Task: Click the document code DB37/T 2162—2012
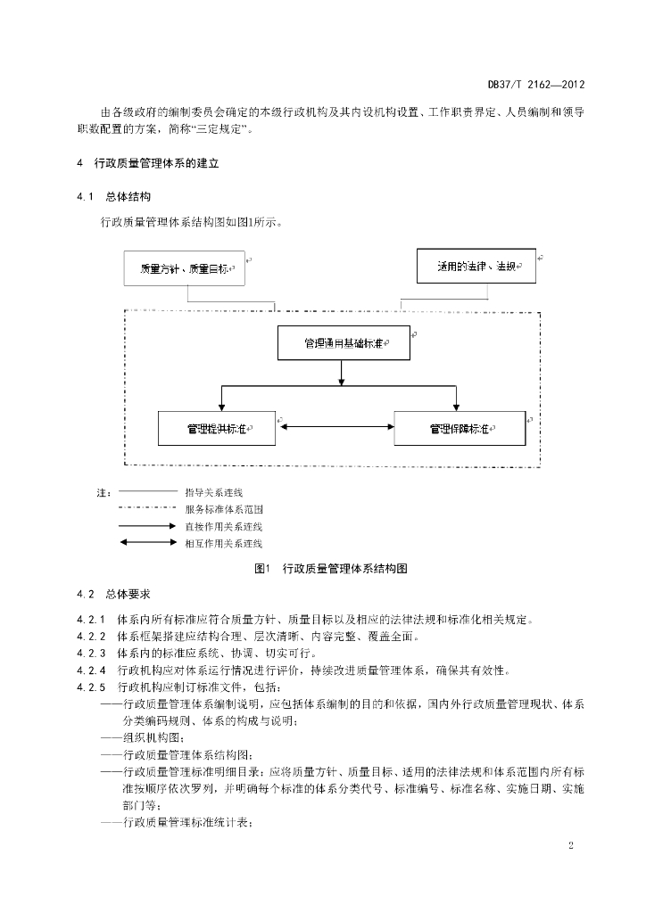point(536,85)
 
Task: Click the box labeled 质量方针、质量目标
point(184,268)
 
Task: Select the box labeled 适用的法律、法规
point(476,266)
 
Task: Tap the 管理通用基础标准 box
point(344,343)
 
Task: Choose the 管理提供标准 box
point(217,429)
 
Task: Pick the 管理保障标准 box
point(460,429)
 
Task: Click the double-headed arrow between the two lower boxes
point(337,427)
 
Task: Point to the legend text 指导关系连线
point(214,492)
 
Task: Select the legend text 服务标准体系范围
point(224,509)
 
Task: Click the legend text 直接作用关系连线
point(224,527)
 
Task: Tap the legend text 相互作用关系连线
point(224,544)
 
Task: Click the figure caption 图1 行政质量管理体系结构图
point(331,569)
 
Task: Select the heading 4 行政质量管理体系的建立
point(148,164)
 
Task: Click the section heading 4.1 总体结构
point(113,197)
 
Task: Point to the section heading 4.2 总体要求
point(113,595)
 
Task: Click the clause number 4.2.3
point(91,654)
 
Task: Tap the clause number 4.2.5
point(91,687)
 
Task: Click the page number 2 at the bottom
point(571,846)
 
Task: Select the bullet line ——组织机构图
point(143,738)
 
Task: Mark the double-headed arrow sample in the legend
point(148,543)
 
